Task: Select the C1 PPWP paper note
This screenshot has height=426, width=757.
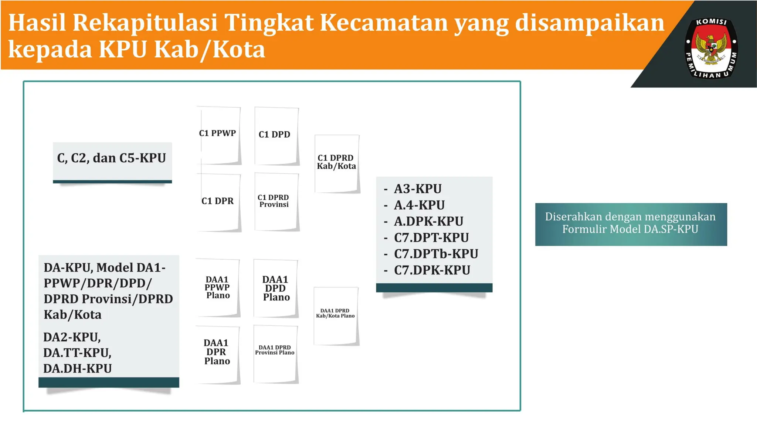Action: [x=219, y=135]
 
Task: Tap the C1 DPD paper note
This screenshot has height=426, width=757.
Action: [x=276, y=136]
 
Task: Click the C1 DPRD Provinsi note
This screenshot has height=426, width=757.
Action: [x=276, y=202]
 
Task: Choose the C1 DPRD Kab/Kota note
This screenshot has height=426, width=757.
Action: [x=337, y=163]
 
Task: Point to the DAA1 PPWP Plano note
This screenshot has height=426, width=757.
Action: [x=218, y=288]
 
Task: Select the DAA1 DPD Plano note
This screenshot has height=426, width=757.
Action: [x=276, y=288]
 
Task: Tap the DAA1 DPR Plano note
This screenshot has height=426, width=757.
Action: [x=218, y=354]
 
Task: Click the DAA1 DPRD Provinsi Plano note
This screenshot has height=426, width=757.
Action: [x=275, y=354]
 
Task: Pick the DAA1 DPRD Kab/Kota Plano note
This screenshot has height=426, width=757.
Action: [x=336, y=316]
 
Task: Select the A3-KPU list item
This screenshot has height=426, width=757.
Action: [x=418, y=189]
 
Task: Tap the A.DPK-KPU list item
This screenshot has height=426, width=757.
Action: [x=428, y=222]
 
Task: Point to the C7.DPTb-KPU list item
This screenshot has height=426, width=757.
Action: [x=436, y=254]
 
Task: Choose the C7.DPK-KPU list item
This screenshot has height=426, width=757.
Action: [x=432, y=270]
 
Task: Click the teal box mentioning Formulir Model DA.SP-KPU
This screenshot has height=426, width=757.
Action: [x=631, y=224]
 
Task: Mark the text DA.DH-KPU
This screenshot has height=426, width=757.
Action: [x=78, y=369]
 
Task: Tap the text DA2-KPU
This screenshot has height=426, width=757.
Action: [x=72, y=337]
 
